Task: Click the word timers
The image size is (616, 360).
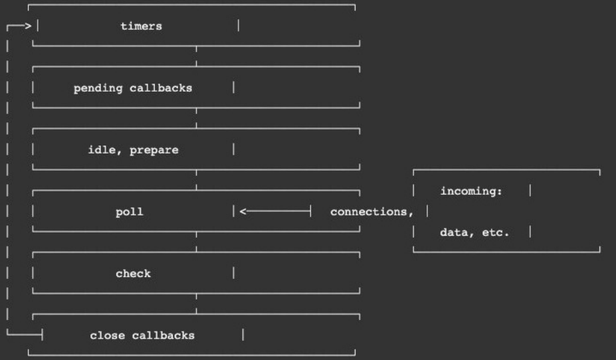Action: click(141, 27)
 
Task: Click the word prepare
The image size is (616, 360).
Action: click(154, 150)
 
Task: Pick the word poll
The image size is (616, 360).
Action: click(129, 213)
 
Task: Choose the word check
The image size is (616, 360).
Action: click(133, 274)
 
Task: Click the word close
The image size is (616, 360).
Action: click(107, 335)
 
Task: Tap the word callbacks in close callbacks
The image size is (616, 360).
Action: click(163, 335)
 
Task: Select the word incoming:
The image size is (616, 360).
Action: click(471, 191)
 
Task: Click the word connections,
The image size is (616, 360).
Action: click(371, 213)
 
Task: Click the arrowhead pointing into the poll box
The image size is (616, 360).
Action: click(243, 212)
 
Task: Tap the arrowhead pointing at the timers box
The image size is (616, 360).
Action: click(28, 27)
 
